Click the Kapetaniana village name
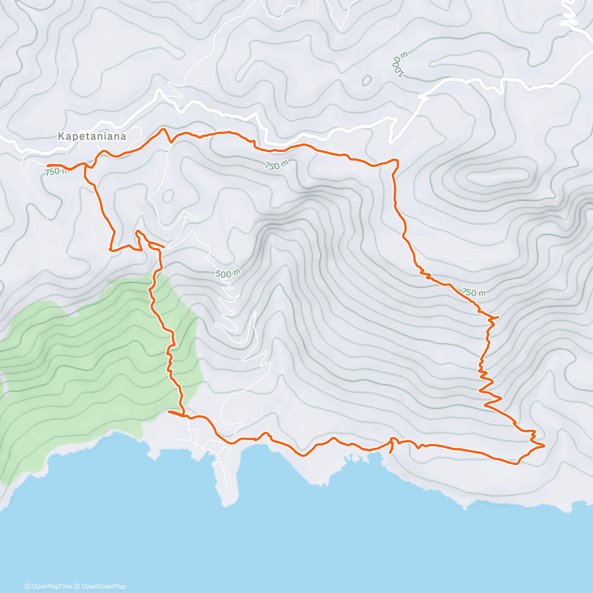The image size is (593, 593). [x=92, y=136]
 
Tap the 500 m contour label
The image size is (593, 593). [x=228, y=273]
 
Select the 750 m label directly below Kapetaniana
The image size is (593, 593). [x=56, y=172]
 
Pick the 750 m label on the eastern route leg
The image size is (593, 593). [x=474, y=293]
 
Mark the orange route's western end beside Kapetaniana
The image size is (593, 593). [x=47, y=166]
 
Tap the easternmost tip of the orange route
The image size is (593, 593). [x=544, y=446]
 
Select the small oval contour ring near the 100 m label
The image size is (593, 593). [x=367, y=80]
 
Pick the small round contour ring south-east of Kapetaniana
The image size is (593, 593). [x=168, y=196]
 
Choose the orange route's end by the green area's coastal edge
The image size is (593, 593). [x=169, y=411]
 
